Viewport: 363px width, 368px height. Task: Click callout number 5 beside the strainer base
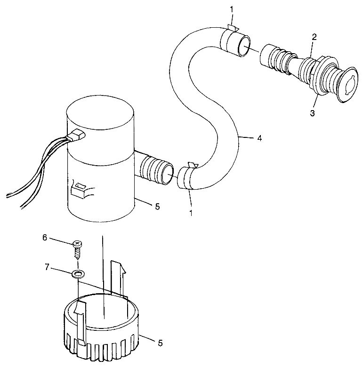click(160, 344)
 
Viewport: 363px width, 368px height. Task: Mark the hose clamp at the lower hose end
click(188, 177)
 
